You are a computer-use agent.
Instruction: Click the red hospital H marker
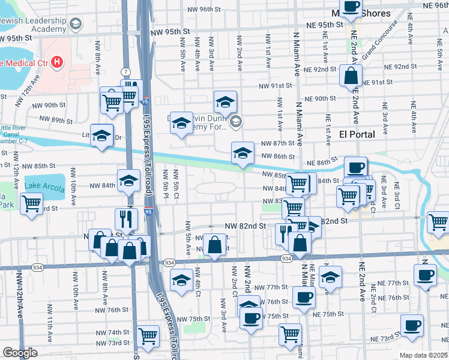[x=56, y=61]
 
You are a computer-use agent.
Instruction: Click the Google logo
[x=20, y=353]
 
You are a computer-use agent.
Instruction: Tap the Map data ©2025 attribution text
[x=423, y=355]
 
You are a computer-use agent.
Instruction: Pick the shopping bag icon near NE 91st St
[x=351, y=76]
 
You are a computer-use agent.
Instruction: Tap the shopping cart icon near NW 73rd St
[x=148, y=337]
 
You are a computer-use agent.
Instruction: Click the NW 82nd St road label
[x=245, y=226]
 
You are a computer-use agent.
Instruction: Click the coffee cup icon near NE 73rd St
[x=412, y=326]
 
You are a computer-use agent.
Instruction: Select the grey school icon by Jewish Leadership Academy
[x=76, y=25]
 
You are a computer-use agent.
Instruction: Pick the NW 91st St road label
[x=275, y=86]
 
